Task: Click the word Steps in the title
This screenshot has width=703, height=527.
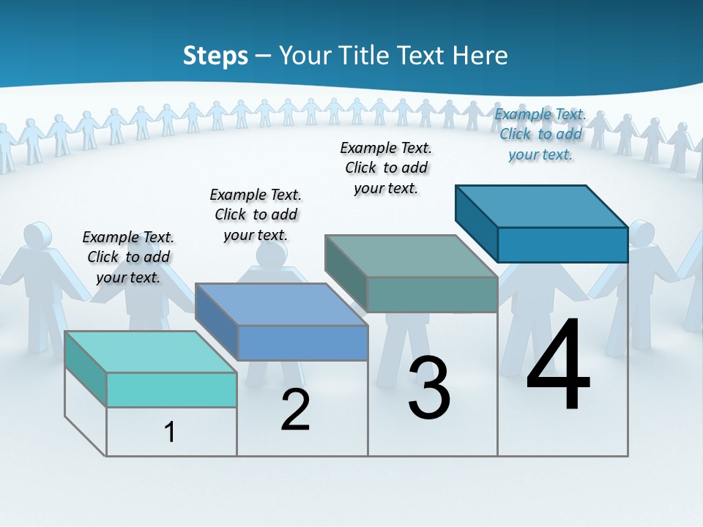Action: [215, 56]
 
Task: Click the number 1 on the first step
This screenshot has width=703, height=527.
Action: [170, 432]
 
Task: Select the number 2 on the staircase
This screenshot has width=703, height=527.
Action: [295, 410]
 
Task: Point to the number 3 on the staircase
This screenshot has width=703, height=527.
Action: [429, 388]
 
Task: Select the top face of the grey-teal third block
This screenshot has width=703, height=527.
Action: [412, 256]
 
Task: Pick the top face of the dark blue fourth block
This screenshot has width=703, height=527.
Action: [542, 206]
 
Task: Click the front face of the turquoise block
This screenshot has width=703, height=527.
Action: [171, 389]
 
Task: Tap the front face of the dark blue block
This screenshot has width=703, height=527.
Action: [562, 244]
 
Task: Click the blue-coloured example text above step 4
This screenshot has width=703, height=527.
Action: [540, 135]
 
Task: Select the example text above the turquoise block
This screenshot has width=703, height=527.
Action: [128, 257]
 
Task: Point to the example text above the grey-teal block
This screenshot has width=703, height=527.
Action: [386, 168]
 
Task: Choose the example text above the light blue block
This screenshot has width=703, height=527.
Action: [256, 214]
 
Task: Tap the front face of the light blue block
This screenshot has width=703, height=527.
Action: [302, 343]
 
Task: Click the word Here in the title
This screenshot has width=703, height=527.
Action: [481, 56]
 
